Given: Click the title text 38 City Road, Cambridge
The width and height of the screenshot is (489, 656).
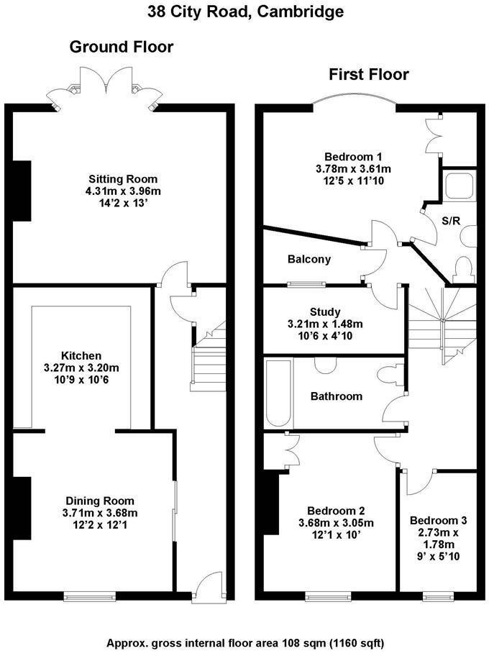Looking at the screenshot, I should pos(245,12).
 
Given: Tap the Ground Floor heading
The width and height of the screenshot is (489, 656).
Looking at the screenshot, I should pos(121,47).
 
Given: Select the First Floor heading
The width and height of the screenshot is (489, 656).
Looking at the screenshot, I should pos(368,74).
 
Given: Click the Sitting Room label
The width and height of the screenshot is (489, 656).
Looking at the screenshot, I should pos(123,179).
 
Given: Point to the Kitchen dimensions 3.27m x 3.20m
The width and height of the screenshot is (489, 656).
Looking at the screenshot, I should pos(81,368).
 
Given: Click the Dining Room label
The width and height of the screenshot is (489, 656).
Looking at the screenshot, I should pos(100,501).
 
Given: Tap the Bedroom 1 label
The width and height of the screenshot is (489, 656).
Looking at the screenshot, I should pos(353,157).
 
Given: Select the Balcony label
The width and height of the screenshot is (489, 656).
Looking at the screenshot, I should pos(309,259).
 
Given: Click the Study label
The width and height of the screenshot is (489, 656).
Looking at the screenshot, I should pos(324,311).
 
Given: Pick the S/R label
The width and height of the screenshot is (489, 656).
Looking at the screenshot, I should pos(451,221).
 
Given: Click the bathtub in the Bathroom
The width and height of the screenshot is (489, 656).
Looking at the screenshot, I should pos(276,393).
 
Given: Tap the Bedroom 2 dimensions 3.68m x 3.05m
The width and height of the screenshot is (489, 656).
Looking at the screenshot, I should pos(336,523).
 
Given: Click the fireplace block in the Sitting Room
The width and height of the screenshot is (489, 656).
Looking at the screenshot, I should pos(22,190).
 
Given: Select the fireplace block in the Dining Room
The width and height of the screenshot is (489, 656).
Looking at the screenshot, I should pos(22,508).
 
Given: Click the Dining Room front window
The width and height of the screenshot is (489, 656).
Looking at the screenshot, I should pos(89,595).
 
